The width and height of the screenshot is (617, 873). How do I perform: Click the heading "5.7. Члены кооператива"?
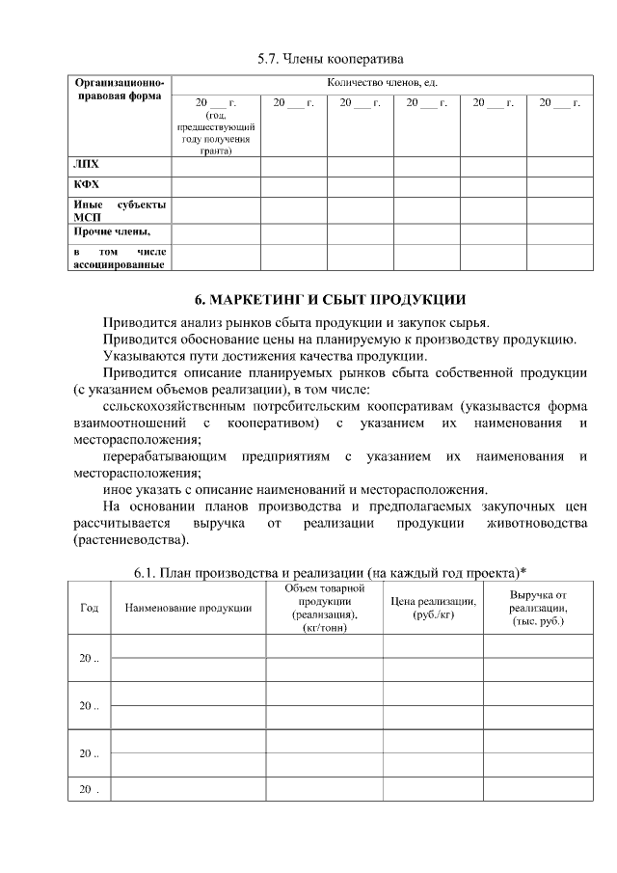pos(330,58)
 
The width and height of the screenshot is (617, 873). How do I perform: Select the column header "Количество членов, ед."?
pos(383,84)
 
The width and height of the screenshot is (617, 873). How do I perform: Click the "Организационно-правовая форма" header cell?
pos(120,92)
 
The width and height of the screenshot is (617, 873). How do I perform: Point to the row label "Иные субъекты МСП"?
pos(120,210)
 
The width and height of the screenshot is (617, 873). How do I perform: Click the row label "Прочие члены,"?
pos(111,232)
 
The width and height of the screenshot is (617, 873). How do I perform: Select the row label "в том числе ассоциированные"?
pos(120,258)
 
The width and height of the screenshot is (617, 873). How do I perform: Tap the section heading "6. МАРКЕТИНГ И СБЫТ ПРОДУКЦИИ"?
pos(330,298)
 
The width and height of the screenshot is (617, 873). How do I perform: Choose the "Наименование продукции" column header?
pos(188,608)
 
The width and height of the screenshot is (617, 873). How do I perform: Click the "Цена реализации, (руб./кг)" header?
pos(432,608)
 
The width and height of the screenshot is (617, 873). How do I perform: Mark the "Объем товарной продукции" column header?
pos(324,608)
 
